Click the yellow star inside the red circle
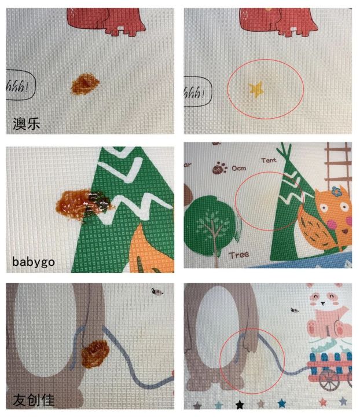255,89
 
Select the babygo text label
34,262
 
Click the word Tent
269,160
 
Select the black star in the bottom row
240,404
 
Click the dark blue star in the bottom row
282,403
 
